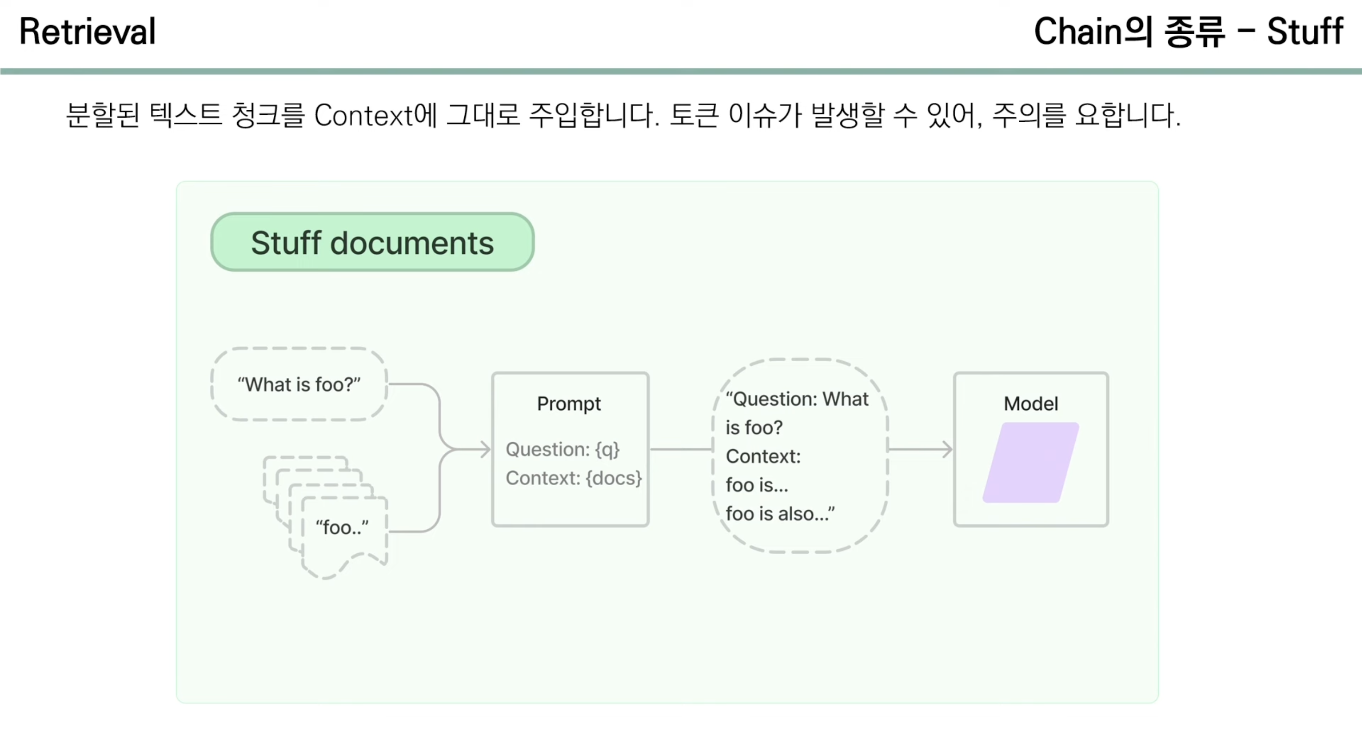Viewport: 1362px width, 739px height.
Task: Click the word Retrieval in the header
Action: tap(88, 31)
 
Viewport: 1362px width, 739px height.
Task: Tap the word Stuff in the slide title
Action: tap(1305, 31)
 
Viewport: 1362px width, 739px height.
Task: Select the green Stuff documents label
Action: tap(372, 243)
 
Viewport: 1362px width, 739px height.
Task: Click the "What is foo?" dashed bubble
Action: tap(299, 384)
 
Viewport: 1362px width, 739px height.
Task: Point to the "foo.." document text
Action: tap(342, 527)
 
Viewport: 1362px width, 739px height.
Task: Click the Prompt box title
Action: tap(569, 404)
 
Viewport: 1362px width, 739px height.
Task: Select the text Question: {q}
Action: tap(562, 449)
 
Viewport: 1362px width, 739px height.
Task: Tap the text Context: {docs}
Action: tap(574, 478)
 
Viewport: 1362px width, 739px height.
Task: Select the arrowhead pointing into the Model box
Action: tap(947, 449)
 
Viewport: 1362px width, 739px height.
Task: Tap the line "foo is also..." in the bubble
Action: tap(780, 514)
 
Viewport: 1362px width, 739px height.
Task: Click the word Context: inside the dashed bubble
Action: tap(763, 456)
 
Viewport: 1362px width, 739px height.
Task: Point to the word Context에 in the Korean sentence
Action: tap(375, 115)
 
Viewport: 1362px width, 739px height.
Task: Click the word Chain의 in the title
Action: tap(1092, 31)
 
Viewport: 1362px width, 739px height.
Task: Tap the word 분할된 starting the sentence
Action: tap(102, 115)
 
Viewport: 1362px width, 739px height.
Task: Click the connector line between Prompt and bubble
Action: tap(681, 449)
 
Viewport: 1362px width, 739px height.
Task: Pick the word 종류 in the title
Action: tap(1194, 31)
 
